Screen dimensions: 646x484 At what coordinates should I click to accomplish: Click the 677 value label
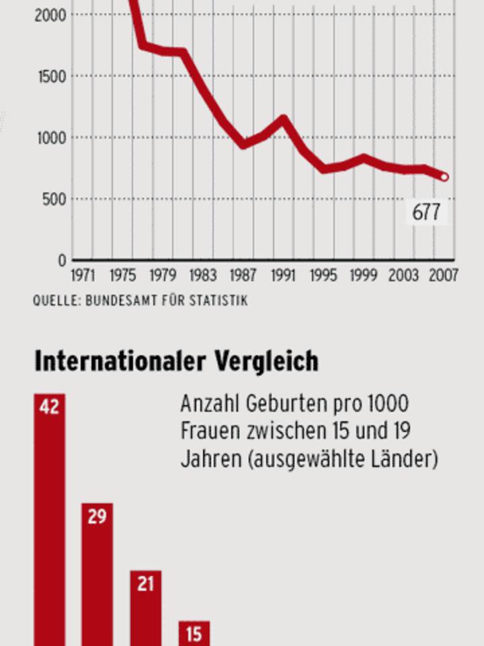(426, 213)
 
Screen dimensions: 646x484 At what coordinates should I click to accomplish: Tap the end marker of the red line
(444, 178)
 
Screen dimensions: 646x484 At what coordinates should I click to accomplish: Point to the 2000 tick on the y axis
(50, 14)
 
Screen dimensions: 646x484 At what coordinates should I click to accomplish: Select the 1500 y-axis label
(50, 76)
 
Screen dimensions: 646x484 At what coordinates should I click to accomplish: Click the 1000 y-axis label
(50, 137)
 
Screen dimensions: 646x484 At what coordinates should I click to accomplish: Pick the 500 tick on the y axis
(54, 199)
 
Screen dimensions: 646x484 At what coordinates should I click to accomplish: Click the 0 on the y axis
(62, 260)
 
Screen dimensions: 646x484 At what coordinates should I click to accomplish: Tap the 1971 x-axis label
(83, 276)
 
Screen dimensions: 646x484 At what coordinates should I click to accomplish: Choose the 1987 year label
(243, 276)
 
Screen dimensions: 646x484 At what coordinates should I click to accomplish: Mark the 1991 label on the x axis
(283, 276)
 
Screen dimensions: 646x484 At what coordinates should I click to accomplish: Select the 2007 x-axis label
(444, 276)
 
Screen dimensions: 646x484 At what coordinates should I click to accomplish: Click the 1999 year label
(363, 276)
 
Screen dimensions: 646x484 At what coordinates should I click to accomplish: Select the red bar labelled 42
(50, 518)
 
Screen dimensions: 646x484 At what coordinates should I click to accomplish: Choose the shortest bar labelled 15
(194, 633)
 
